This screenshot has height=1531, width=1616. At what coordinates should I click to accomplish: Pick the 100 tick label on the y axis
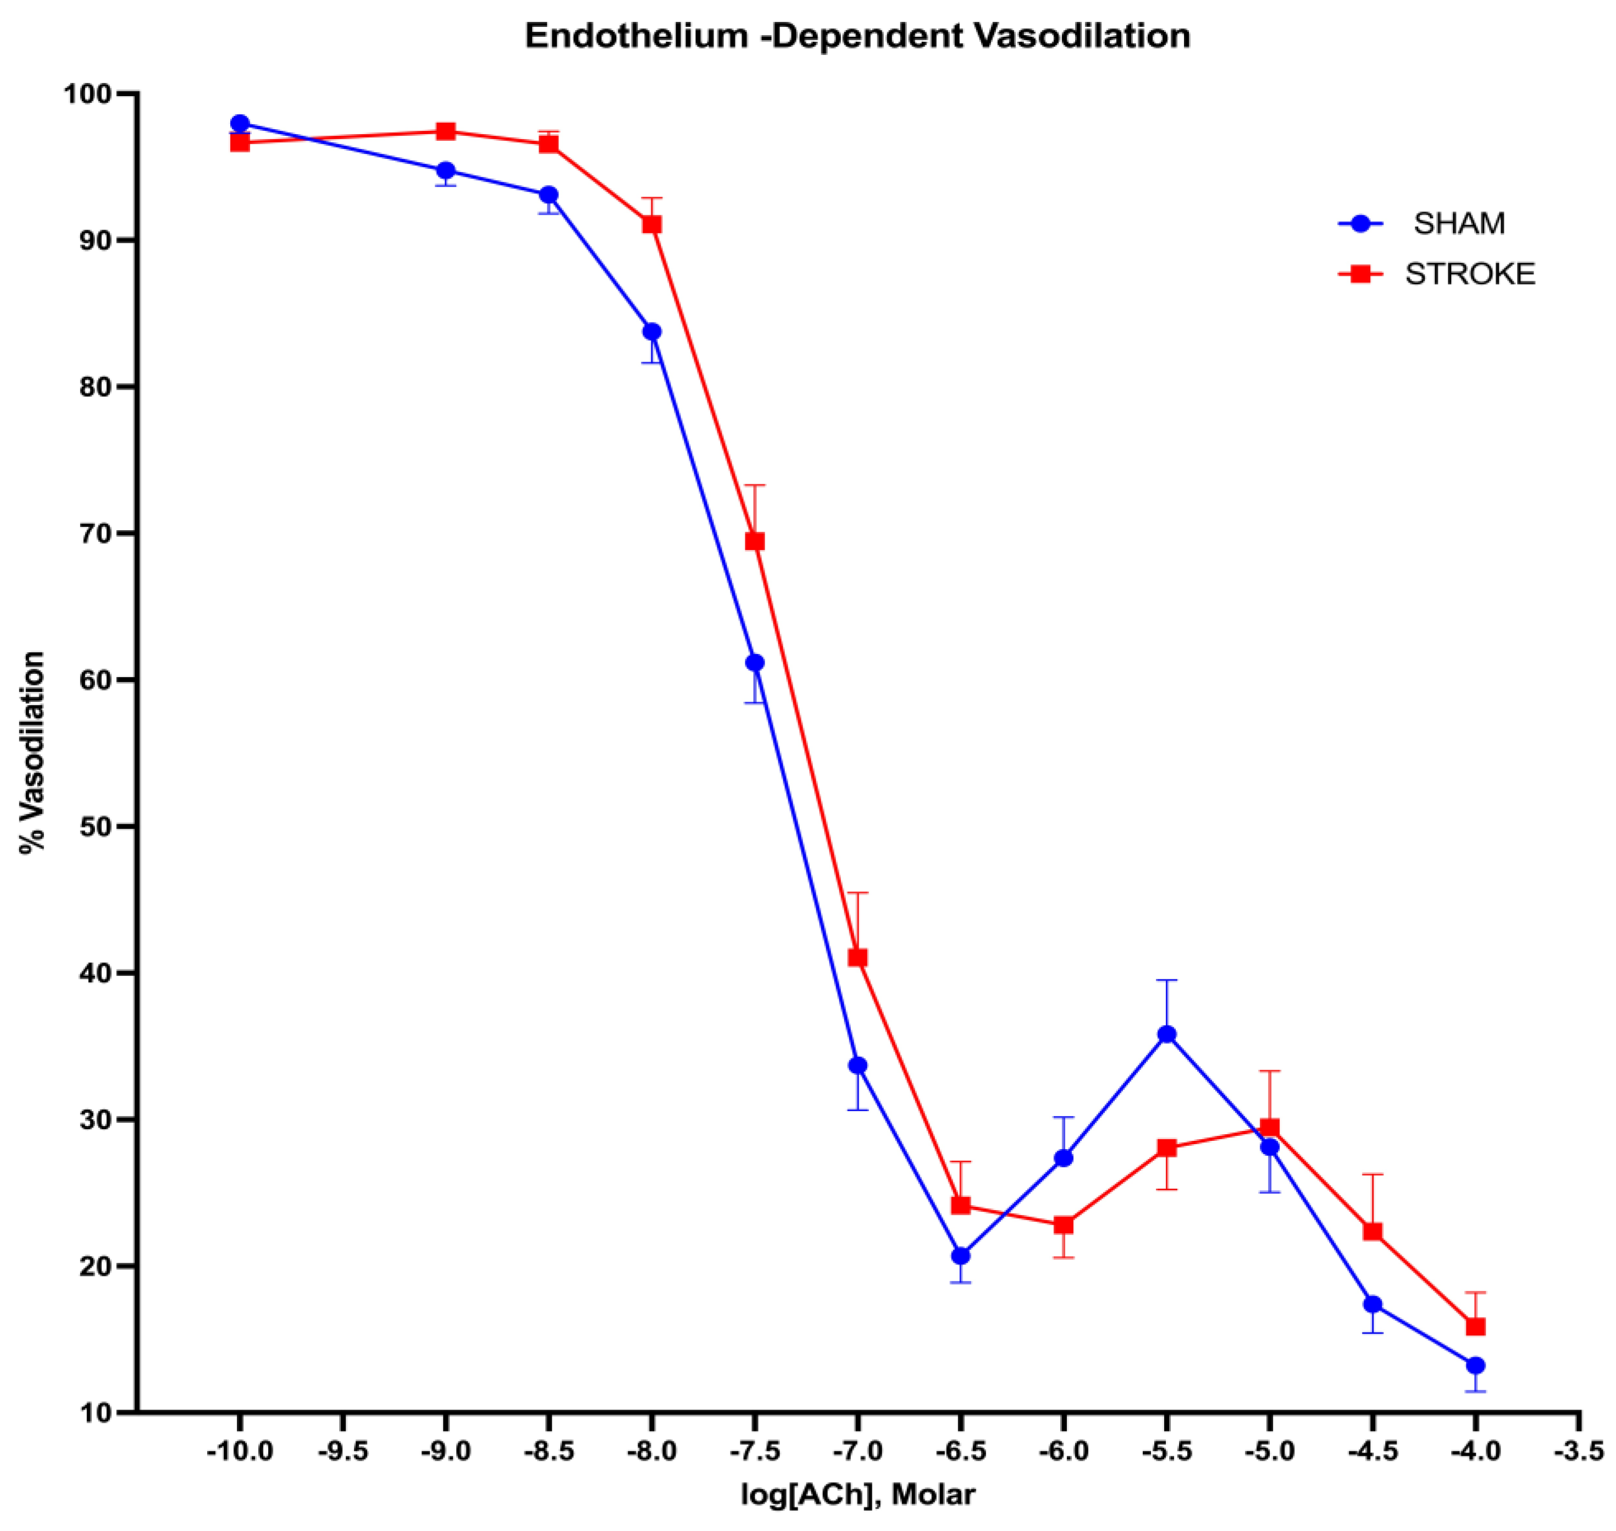click(87, 95)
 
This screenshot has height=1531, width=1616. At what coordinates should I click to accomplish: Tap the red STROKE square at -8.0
click(651, 224)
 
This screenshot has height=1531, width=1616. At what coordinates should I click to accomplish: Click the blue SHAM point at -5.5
click(1166, 1035)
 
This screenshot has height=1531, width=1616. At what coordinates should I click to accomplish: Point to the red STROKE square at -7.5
click(755, 541)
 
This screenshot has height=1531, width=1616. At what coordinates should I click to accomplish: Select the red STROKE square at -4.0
click(1475, 1327)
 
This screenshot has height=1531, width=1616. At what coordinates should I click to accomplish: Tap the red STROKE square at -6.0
click(1064, 1225)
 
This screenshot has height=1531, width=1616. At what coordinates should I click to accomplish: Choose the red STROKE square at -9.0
click(446, 131)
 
